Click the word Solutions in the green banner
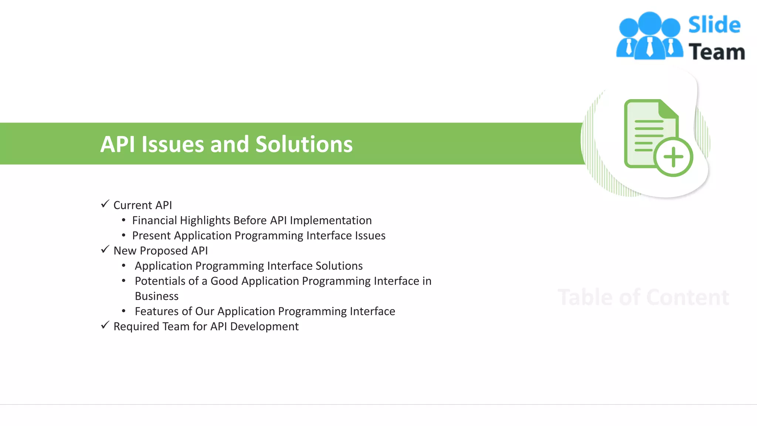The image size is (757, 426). (x=304, y=144)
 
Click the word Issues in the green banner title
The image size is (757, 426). (x=172, y=144)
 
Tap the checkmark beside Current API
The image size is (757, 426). (x=105, y=204)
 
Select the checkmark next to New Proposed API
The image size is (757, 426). (x=105, y=249)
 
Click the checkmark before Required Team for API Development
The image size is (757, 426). (x=105, y=325)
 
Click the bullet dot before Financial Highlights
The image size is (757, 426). (x=124, y=220)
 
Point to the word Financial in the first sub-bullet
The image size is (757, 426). (x=155, y=220)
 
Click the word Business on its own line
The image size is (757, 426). (x=157, y=296)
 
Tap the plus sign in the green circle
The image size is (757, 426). (x=673, y=157)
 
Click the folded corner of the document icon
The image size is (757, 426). (x=668, y=109)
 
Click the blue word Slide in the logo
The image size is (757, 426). (x=714, y=25)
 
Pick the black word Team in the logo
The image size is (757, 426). (x=716, y=52)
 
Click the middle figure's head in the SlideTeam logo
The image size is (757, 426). (x=650, y=23)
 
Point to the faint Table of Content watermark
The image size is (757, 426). (x=643, y=297)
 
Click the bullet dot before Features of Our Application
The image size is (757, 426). (x=124, y=311)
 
